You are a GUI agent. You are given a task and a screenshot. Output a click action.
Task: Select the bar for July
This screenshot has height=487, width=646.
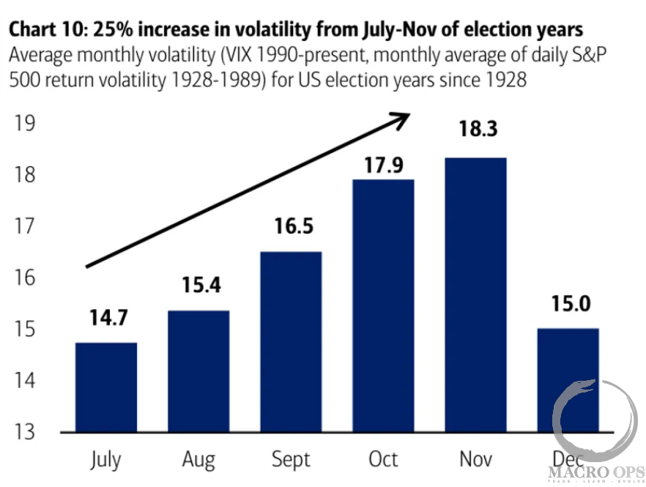click(106, 387)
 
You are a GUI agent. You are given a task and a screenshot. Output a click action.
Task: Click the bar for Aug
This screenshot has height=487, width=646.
click(198, 371)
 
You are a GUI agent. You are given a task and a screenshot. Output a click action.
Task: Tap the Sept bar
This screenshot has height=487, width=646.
click(291, 342)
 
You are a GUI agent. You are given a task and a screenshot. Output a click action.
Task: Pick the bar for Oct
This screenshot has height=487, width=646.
click(383, 306)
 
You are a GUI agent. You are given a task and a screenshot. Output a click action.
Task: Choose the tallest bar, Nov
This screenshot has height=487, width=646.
click(475, 295)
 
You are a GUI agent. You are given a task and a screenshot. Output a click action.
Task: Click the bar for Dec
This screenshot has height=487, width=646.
click(568, 380)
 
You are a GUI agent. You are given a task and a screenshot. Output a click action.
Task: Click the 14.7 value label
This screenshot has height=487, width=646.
click(106, 319)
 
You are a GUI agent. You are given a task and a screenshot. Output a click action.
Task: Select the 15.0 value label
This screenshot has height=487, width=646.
click(568, 303)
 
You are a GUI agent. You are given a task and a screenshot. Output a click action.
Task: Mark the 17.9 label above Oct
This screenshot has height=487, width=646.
click(383, 166)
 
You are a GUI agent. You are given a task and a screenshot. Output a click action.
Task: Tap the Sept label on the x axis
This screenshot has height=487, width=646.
click(291, 460)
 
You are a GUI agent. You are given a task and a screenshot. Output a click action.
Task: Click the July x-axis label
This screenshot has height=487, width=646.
click(106, 461)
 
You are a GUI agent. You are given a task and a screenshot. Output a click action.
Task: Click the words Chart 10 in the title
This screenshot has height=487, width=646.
click(44, 30)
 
